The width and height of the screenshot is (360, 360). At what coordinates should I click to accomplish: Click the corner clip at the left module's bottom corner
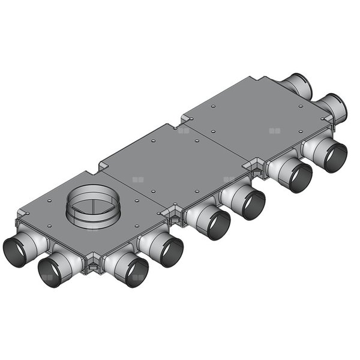(93, 264)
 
